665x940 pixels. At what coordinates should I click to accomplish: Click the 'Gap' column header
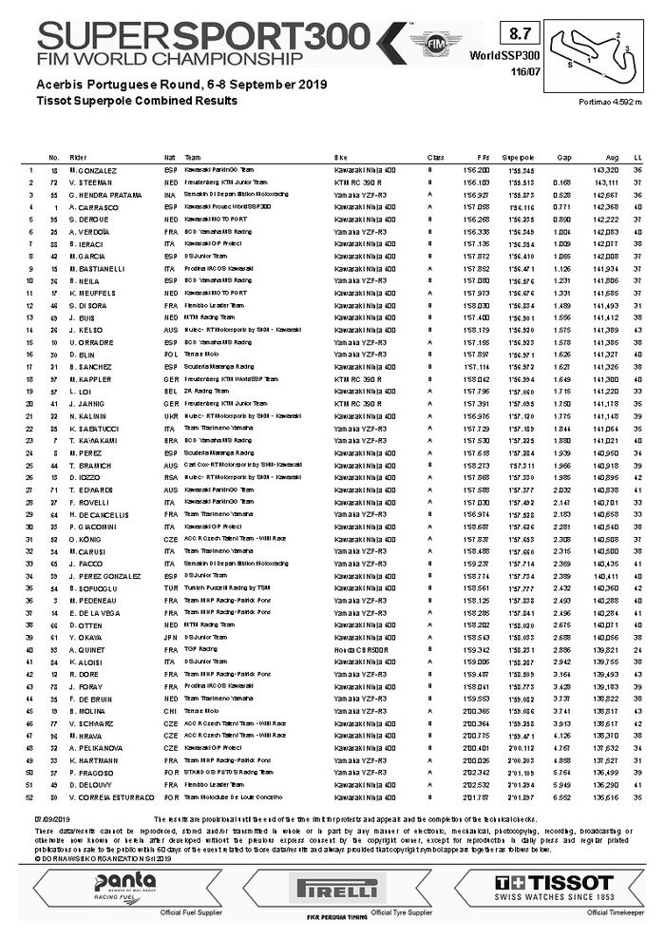pyautogui.click(x=563, y=156)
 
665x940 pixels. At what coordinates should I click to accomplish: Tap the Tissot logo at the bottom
pyautogui.click(x=555, y=883)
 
